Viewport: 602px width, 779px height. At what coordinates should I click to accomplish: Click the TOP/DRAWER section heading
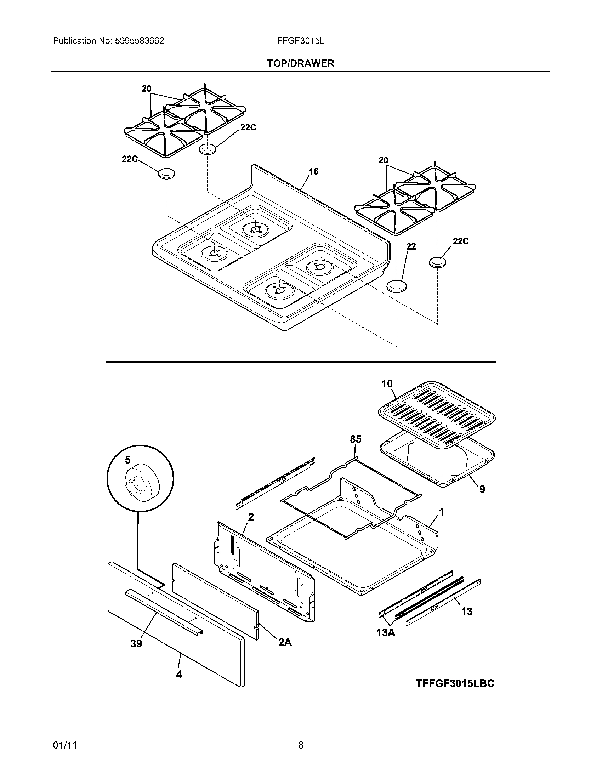point(301,63)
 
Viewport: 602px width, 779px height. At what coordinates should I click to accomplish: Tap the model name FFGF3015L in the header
point(301,41)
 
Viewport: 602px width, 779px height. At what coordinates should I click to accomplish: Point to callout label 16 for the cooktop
point(313,172)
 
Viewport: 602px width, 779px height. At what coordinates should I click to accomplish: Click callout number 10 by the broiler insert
point(387,384)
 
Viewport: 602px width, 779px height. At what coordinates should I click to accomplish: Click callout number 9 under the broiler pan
point(482,489)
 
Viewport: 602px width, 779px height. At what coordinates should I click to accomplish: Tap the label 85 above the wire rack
point(356,439)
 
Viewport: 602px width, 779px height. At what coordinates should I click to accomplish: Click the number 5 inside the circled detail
point(128,460)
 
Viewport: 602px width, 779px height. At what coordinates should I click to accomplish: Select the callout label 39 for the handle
point(136,643)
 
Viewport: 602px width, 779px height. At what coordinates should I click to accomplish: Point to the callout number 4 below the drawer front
point(179,675)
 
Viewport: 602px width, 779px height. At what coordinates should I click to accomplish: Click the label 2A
point(285,642)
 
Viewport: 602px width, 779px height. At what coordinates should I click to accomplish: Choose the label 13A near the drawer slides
point(386,633)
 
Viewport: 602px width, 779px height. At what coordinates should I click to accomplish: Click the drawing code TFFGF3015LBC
point(455,683)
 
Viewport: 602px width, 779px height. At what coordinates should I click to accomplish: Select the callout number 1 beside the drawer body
point(442,512)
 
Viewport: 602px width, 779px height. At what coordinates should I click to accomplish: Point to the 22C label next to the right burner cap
point(460,241)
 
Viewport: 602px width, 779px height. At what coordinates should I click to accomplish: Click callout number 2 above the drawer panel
point(251,517)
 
